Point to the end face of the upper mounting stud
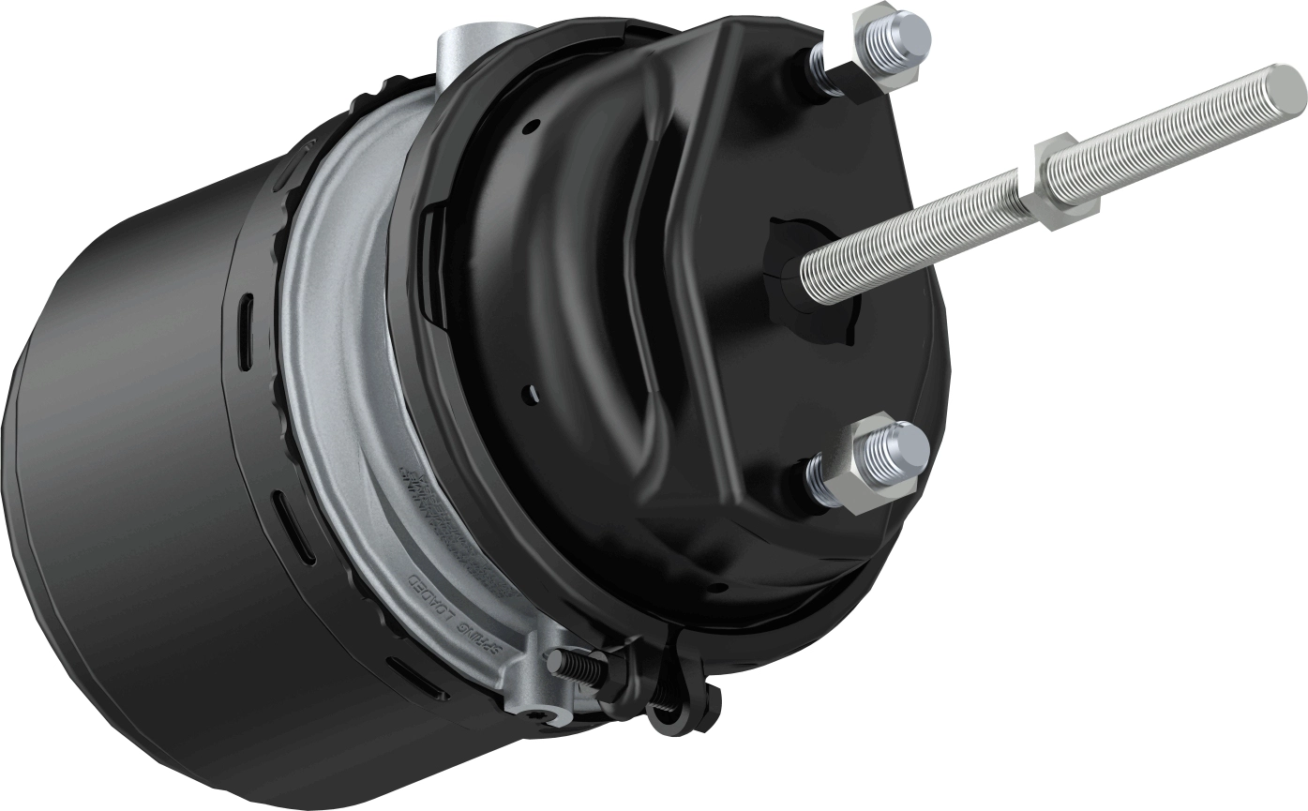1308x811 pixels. tap(909, 33)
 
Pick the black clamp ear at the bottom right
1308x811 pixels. tap(694, 694)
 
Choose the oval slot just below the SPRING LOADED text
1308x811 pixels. tap(413, 676)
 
